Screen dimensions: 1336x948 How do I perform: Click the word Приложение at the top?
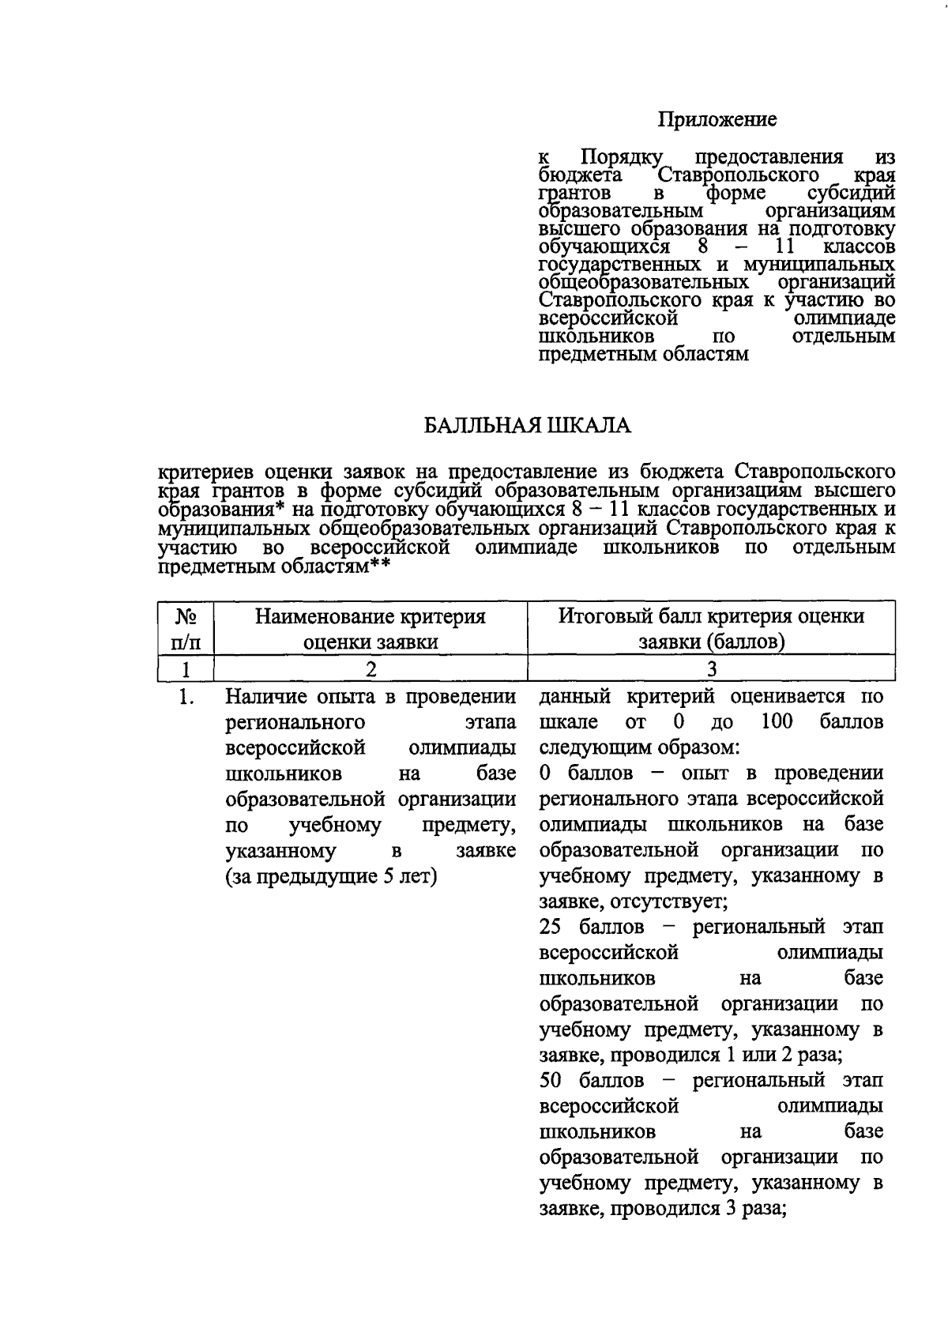(x=718, y=119)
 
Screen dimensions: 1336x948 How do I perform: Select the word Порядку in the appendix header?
(x=625, y=156)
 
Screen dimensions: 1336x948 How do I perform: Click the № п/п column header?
(x=186, y=628)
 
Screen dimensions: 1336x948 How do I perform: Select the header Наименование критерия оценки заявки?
(x=371, y=628)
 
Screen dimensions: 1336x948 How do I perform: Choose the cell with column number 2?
(x=371, y=668)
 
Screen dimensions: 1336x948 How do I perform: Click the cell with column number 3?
(x=712, y=668)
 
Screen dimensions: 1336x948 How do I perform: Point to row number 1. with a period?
(x=186, y=697)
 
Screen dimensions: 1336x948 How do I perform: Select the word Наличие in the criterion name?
(x=265, y=697)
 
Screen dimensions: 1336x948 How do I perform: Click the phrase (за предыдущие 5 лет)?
(x=332, y=876)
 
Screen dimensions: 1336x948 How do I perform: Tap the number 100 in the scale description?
(x=777, y=722)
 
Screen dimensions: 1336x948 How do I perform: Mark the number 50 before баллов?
(x=552, y=1080)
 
